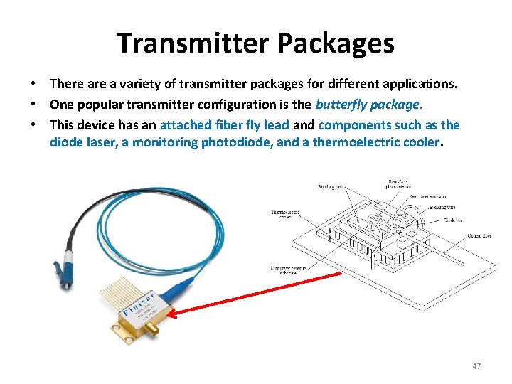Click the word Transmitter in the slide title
tap(191, 43)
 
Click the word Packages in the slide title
tap(335, 43)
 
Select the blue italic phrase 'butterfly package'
tap(368, 105)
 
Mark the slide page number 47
tap(476, 366)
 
